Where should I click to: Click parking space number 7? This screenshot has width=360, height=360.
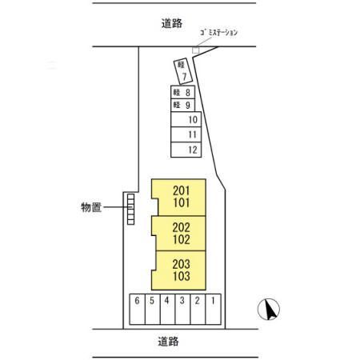183,70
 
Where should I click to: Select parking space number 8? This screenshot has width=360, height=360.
182,92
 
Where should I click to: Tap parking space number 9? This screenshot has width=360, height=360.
182,105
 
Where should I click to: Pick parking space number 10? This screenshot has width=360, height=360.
186,119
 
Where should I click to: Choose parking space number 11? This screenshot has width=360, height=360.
186,134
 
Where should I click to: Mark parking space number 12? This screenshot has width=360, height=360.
186,150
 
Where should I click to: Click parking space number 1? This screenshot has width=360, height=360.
214,310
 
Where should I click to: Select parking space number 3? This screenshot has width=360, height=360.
182,310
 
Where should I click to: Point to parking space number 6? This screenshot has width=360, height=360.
137,310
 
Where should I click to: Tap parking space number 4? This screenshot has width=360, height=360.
167,310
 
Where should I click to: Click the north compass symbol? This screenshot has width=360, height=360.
269,310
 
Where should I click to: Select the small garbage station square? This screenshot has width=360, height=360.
196,50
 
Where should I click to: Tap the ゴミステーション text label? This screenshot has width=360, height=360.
218,33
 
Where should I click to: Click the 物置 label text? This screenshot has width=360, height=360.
91,207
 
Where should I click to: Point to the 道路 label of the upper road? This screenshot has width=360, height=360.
172,23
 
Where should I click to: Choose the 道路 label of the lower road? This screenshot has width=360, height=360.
168,342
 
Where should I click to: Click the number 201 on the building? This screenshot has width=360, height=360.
182,190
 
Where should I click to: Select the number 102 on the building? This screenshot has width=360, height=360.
182,239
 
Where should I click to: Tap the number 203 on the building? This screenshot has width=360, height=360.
182,264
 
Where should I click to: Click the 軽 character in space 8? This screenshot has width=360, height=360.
177,92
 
